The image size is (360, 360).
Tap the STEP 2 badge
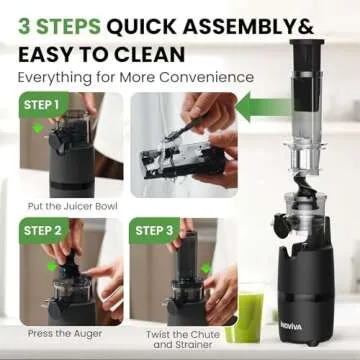[39, 230]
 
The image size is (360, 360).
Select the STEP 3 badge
[156, 230]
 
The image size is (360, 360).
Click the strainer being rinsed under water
[191, 159]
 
